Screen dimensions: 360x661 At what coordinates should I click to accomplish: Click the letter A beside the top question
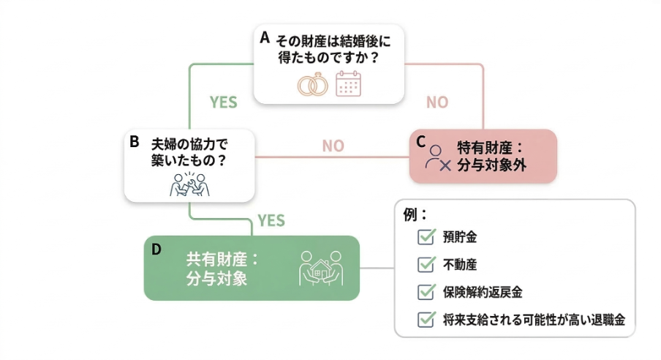click(x=265, y=37)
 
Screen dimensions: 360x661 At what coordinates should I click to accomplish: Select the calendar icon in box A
click(x=348, y=84)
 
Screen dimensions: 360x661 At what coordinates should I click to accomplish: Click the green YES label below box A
click(x=223, y=102)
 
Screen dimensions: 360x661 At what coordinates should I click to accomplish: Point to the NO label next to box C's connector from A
click(x=437, y=102)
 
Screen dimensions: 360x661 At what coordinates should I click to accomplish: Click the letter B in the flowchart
click(x=135, y=142)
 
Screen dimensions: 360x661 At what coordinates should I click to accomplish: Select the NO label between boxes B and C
click(x=333, y=146)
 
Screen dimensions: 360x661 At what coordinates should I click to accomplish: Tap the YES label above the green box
click(x=271, y=220)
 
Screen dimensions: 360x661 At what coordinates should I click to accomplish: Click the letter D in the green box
click(x=156, y=250)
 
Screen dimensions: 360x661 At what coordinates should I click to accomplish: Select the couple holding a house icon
click(x=321, y=268)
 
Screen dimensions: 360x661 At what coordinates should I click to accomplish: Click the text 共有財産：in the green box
click(x=223, y=260)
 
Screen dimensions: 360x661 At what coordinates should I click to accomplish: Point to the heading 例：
click(x=415, y=215)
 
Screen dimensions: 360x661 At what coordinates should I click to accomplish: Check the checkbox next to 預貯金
click(x=426, y=236)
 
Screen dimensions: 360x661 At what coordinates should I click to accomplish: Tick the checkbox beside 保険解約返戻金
click(x=426, y=292)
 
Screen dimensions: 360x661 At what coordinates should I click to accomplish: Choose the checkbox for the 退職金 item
click(x=426, y=320)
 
